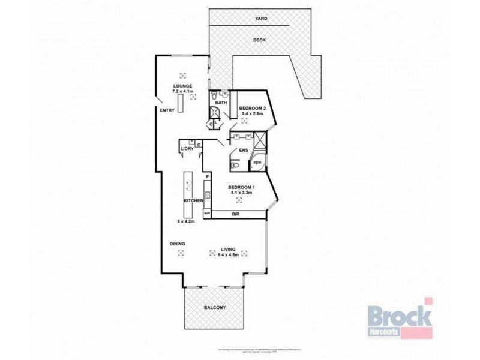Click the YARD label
click(260, 19)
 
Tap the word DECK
click(260, 40)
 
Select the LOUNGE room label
click(182, 86)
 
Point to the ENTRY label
click(167, 110)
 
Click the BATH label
click(221, 103)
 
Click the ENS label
click(244, 151)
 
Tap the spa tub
click(258, 163)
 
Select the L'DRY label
click(185, 149)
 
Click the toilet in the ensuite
click(235, 164)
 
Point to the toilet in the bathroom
click(214, 95)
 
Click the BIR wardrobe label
click(236, 214)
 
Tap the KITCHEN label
click(194, 200)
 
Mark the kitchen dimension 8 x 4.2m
click(187, 221)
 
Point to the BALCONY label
click(214, 308)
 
